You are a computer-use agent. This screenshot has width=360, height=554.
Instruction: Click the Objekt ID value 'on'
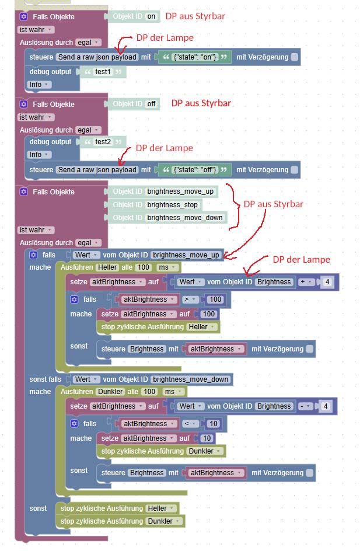[x=152, y=16]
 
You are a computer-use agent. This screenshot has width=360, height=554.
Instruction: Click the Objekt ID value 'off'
[x=152, y=104]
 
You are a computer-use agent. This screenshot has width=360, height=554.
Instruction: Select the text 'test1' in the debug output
[x=104, y=72]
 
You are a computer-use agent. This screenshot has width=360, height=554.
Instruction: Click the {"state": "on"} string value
[x=195, y=57]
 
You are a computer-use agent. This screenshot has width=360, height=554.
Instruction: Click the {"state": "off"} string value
[x=195, y=170]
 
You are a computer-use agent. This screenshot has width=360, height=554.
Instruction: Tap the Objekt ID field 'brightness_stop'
[x=173, y=205]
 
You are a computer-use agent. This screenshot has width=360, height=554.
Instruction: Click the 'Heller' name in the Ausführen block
[x=108, y=267]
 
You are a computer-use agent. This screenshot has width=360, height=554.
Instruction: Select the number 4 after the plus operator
[x=328, y=283]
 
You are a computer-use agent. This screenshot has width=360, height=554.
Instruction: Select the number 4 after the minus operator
[x=328, y=406]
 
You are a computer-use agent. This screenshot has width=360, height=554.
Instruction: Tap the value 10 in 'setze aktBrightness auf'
[x=207, y=438]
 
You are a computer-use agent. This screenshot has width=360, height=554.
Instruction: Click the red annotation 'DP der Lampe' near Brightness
[x=301, y=259]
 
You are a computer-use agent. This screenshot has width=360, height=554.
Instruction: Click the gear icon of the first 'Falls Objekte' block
[x=24, y=16]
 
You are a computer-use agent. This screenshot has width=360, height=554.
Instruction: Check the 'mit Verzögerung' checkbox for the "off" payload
[x=294, y=170]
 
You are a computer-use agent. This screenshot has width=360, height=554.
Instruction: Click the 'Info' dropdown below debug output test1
[x=39, y=85]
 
